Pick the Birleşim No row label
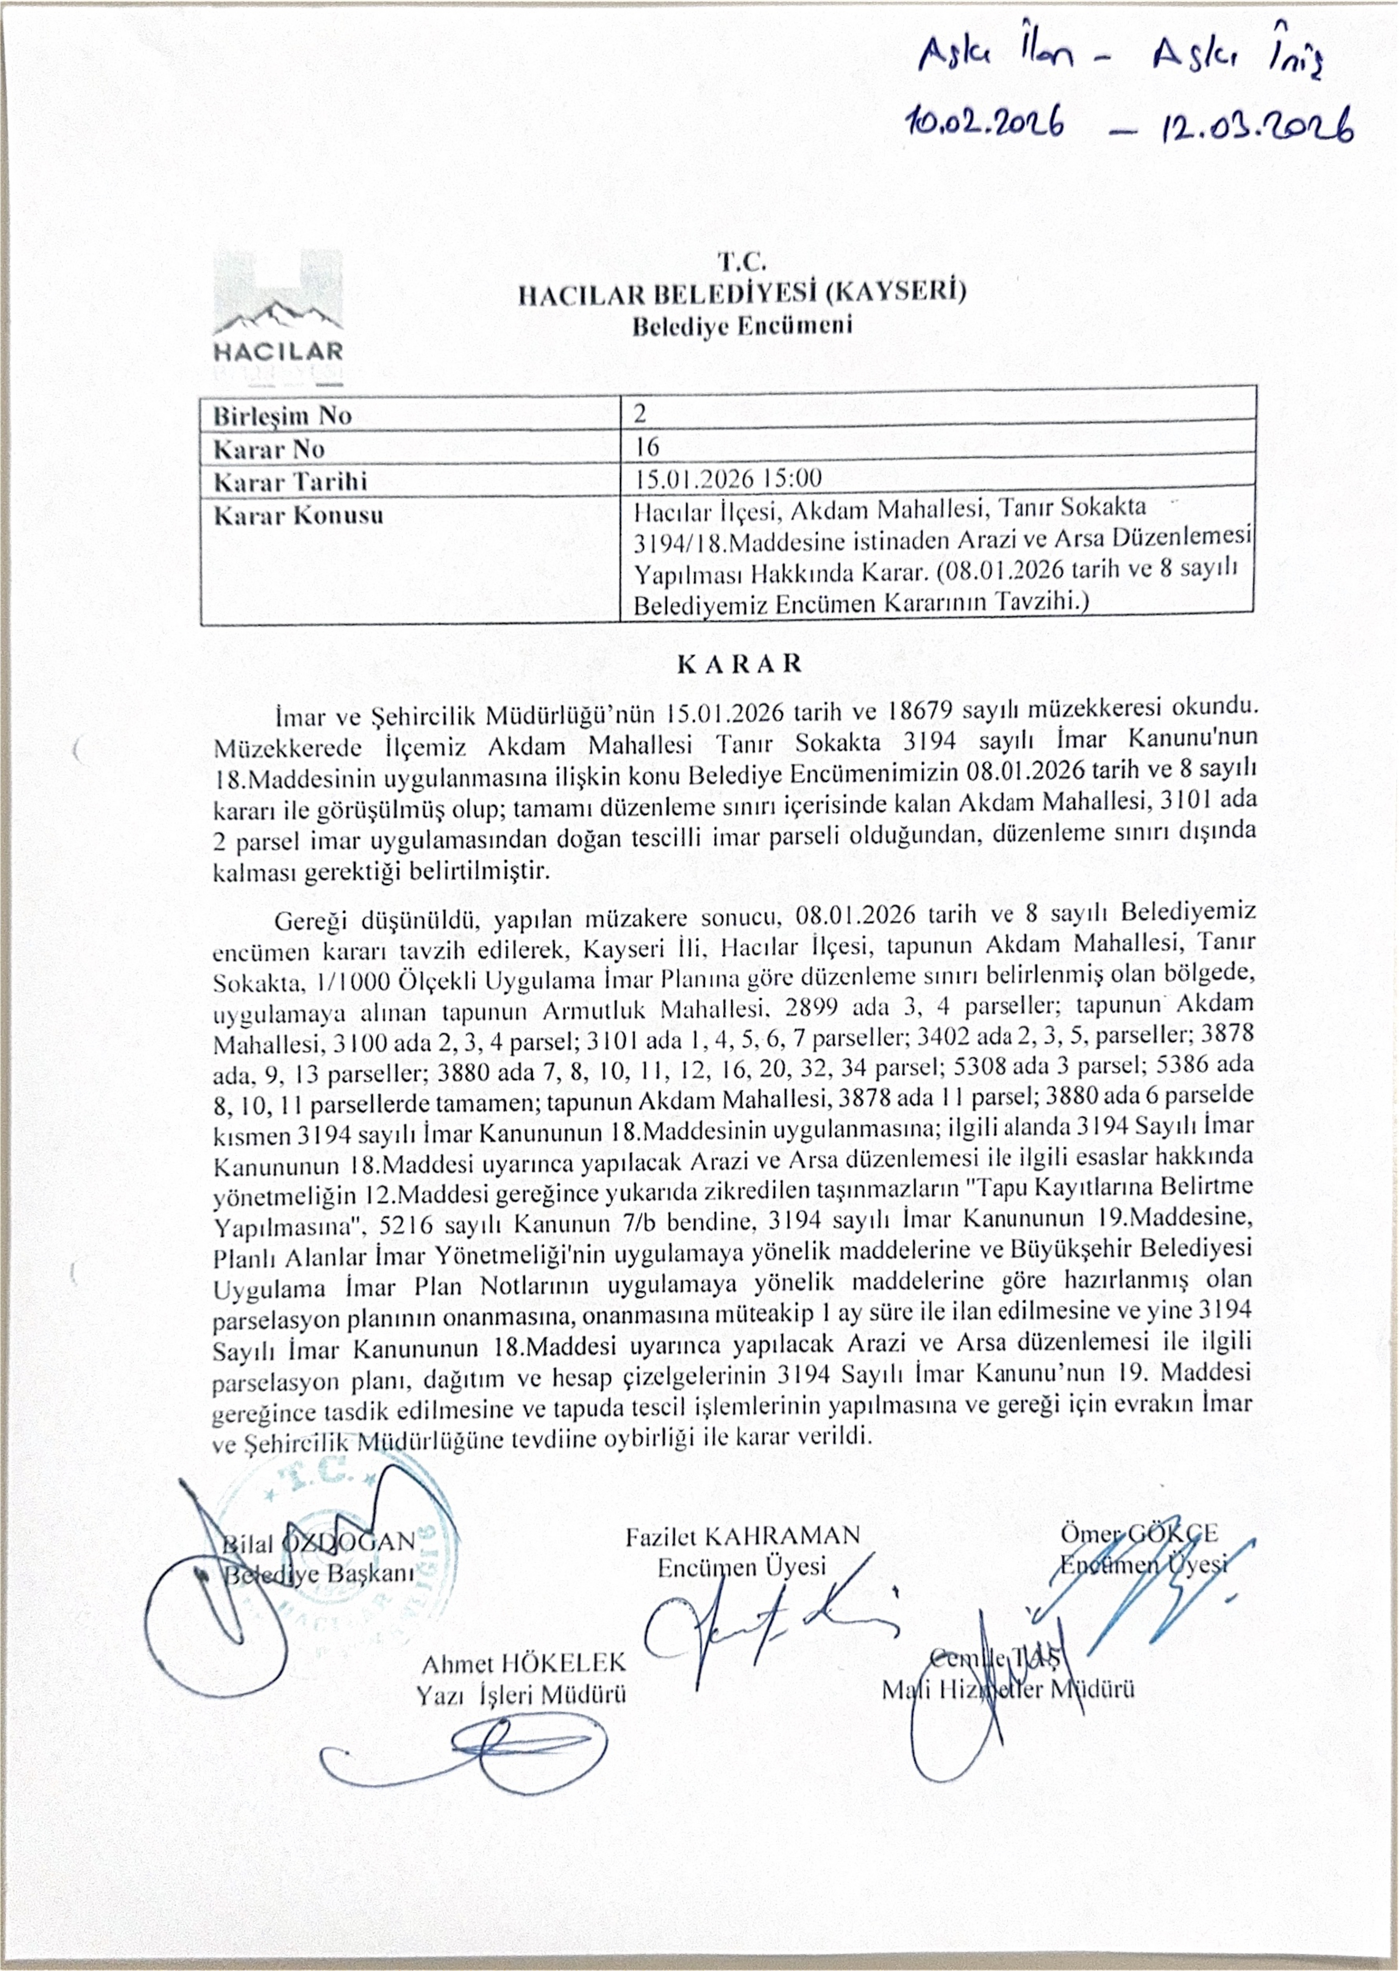[283, 416]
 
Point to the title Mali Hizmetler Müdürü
[1007, 1689]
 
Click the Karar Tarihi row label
[289, 480]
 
